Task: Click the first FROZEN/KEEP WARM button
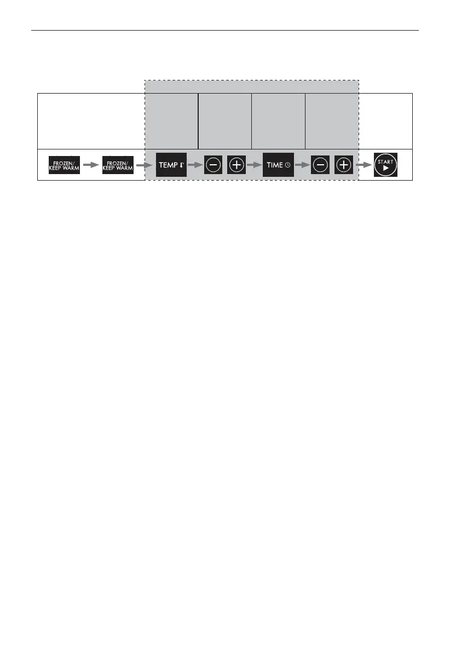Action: [x=64, y=165]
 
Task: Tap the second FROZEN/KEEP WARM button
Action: [x=118, y=165]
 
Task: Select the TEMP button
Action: [x=171, y=165]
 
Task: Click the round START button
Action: [x=385, y=165]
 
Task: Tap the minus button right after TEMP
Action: [x=214, y=165]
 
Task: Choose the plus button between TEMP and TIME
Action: [x=236, y=165]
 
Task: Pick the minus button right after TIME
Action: [x=320, y=165]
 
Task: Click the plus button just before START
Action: [x=343, y=165]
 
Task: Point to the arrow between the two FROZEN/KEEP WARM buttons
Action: [x=91, y=165]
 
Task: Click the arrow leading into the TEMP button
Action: [x=145, y=165]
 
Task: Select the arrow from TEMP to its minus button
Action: [x=195, y=165]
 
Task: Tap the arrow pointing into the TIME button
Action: [x=253, y=165]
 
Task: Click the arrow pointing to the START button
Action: [x=364, y=165]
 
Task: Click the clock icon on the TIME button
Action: [x=287, y=165]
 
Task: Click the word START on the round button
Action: [x=385, y=161]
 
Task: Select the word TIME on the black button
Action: [x=275, y=165]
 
